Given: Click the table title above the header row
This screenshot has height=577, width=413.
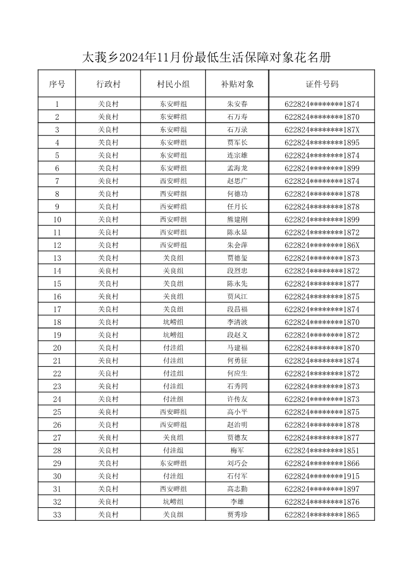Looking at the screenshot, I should click(x=206, y=58).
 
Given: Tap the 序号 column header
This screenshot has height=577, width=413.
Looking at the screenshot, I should click(x=57, y=84).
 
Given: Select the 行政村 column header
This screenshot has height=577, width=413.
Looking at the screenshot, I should click(x=108, y=84).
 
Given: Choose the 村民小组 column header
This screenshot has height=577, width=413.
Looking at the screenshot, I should click(x=173, y=84).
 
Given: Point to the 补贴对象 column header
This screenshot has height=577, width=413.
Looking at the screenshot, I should click(x=237, y=84).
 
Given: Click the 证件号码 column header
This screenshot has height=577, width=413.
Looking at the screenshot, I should click(x=322, y=84).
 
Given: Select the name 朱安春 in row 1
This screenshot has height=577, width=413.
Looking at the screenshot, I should click(x=237, y=104).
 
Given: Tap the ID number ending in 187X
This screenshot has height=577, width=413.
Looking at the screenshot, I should click(x=322, y=130).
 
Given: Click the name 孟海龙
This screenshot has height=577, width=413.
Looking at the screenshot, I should click(x=237, y=168).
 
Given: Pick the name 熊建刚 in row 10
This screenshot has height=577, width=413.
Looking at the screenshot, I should click(x=237, y=220).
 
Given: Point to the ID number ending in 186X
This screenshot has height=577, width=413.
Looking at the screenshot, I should click(x=322, y=245).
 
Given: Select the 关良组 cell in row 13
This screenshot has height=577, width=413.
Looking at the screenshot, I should click(x=173, y=258).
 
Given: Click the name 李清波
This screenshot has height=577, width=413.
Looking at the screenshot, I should click(x=237, y=322).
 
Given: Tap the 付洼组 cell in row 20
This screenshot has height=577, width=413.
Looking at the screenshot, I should click(x=173, y=348).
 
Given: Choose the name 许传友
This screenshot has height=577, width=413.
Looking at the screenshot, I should click(x=237, y=399).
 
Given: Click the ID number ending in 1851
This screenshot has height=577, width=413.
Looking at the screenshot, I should click(x=322, y=450).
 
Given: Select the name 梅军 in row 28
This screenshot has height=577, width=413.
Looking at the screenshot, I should click(x=237, y=450).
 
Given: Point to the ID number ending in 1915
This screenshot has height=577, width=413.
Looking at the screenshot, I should click(x=322, y=476).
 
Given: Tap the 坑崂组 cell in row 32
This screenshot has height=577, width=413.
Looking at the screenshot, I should click(x=173, y=502).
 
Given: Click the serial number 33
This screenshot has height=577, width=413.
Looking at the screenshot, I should click(x=57, y=515).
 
